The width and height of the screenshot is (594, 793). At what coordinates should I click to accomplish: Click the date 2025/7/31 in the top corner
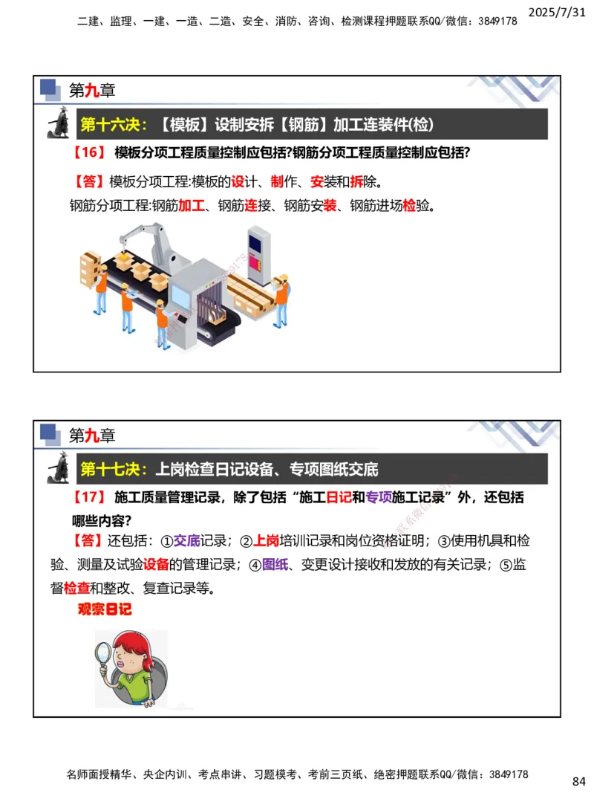[x=561, y=12]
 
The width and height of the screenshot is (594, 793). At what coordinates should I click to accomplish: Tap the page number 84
[x=579, y=781]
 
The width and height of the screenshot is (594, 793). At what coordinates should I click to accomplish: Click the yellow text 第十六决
[x=114, y=124]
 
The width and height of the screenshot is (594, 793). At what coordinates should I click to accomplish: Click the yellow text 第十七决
[x=114, y=469]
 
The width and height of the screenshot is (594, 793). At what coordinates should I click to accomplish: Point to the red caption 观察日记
[x=105, y=610]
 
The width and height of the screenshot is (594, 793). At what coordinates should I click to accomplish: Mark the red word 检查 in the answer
[x=76, y=589]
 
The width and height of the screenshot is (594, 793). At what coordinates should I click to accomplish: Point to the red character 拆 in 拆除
[x=356, y=181]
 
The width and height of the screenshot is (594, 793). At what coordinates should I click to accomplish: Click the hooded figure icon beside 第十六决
[x=59, y=123]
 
